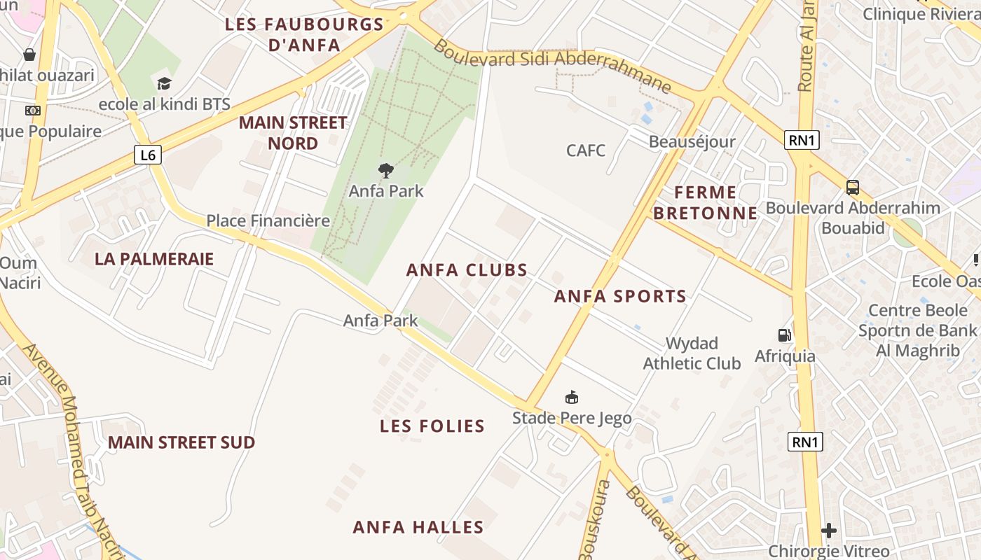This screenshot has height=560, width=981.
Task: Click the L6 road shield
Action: (x=148, y=155)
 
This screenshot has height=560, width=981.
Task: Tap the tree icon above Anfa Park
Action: (x=385, y=170)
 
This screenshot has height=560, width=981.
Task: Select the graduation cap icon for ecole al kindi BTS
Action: (x=164, y=83)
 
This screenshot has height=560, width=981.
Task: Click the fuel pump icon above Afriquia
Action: (x=785, y=335)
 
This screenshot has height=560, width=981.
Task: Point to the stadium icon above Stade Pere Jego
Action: (x=572, y=398)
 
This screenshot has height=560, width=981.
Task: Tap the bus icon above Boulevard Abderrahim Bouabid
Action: (x=853, y=187)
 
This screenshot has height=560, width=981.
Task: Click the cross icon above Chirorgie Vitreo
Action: (x=829, y=530)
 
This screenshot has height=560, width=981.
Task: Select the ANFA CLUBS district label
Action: (x=467, y=270)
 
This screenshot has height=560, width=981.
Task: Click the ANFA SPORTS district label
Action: (x=620, y=296)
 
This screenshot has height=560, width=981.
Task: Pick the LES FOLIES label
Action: (x=432, y=426)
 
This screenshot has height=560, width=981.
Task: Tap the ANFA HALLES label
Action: (x=418, y=527)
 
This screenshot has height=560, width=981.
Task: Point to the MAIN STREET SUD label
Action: (x=181, y=442)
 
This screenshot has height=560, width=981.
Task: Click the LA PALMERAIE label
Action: (x=154, y=258)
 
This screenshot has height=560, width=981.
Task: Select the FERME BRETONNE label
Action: (x=706, y=202)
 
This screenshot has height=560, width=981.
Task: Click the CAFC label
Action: (x=586, y=150)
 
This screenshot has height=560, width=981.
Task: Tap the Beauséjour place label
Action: (x=692, y=141)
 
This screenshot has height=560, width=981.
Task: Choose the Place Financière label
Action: (x=268, y=220)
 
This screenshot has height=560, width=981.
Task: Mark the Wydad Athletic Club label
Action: (x=692, y=353)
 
